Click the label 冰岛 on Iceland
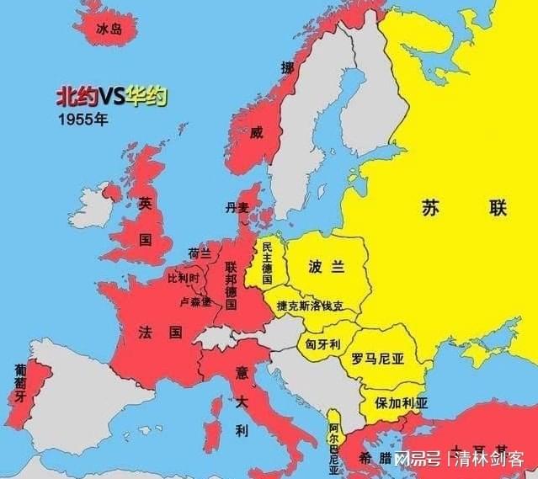(x=109, y=29)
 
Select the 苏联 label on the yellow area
(x=440, y=206)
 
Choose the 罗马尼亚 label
(x=378, y=358)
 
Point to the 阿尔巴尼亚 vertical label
(x=334, y=443)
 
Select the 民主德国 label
(x=267, y=262)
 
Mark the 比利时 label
(x=184, y=278)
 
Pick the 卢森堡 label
(x=195, y=301)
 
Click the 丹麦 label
(x=237, y=206)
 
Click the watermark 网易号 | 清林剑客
(x=459, y=460)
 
